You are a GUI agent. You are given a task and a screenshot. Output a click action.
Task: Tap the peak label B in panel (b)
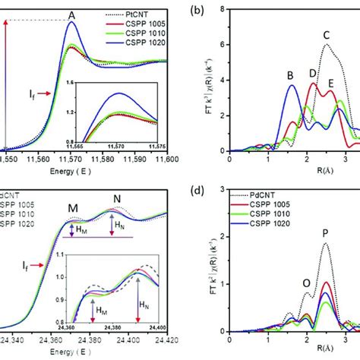pyautogui.click(x=289, y=74)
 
